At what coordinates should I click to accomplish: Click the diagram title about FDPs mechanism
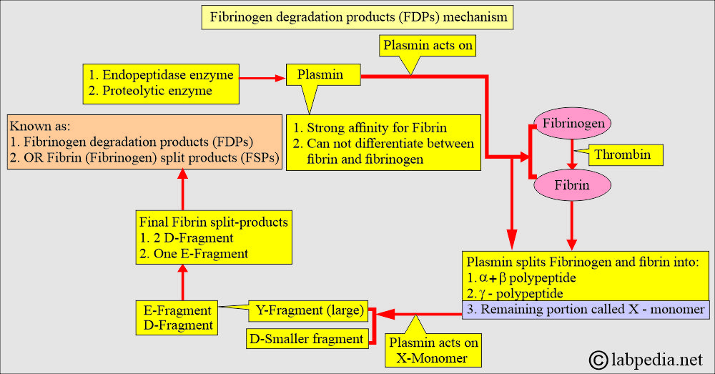357,16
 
